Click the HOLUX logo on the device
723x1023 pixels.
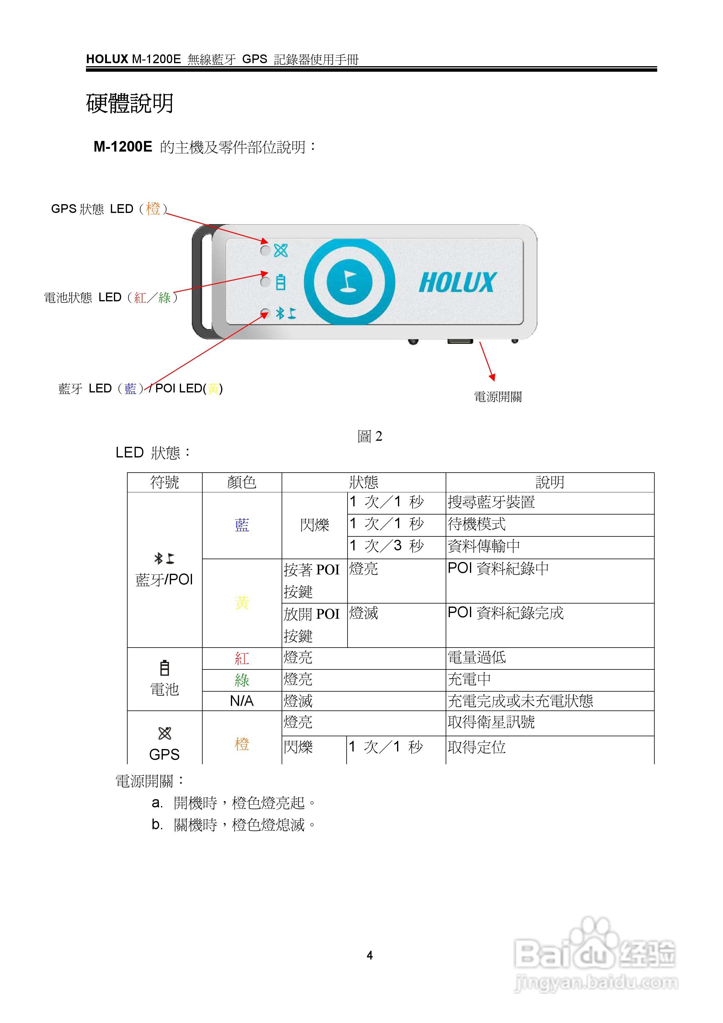(457, 282)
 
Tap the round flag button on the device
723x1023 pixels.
(349, 282)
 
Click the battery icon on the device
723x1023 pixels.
(281, 282)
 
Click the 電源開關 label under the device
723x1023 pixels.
(498, 397)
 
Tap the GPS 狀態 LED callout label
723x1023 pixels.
(109, 209)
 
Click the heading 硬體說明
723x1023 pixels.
(130, 103)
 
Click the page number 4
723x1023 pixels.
(369, 955)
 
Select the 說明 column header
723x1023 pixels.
(550, 482)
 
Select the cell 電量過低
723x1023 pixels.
(477, 658)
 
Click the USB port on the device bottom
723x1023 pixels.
(460, 341)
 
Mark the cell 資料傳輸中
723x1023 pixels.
(484, 546)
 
